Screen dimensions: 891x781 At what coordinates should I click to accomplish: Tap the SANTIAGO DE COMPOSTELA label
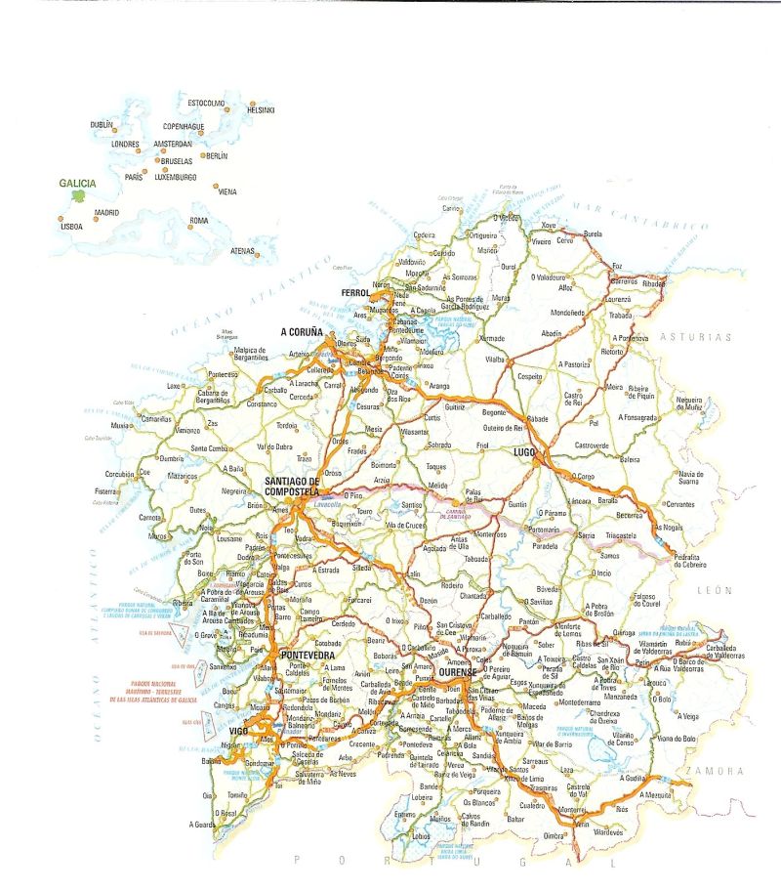pos(292,487)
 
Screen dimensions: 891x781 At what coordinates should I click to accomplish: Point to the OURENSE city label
pos(457,673)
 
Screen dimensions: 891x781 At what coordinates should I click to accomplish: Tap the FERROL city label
pos(355,293)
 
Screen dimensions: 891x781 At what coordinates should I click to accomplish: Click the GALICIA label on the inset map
pos(77,183)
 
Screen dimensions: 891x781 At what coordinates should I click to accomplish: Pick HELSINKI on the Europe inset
pos(261,110)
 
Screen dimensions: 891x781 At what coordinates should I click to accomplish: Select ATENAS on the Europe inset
pos(242,251)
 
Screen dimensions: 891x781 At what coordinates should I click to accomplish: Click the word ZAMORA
pos(716,772)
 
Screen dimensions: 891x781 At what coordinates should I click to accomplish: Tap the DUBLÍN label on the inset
pos(102,125)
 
